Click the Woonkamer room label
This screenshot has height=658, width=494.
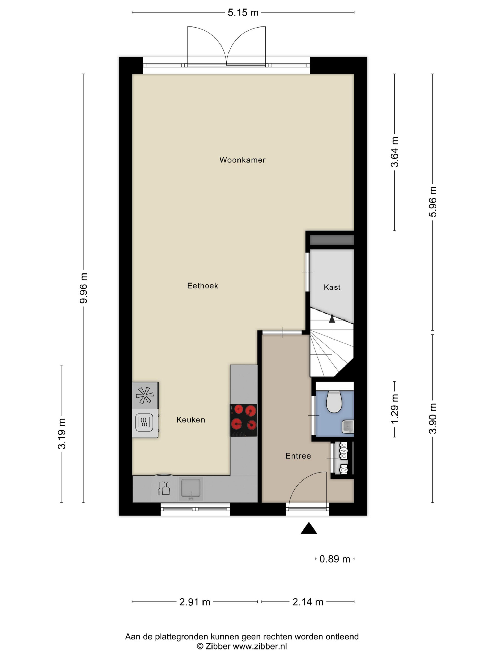coord(242,160)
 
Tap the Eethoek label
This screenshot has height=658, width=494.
coord(202,286)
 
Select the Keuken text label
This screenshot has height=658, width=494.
coord(191,420)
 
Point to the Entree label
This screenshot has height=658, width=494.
coord(298,456)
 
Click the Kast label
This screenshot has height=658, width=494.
coord(332,287)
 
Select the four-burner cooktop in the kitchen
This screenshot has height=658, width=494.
coord(244,420)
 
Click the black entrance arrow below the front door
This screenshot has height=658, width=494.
coord(309,528)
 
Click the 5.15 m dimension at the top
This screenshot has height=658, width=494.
coord(243,13)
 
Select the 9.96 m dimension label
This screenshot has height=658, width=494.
coord(84,288)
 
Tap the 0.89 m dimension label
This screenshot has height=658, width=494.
coord(335,559)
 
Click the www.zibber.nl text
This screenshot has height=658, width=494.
coord(260,646)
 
